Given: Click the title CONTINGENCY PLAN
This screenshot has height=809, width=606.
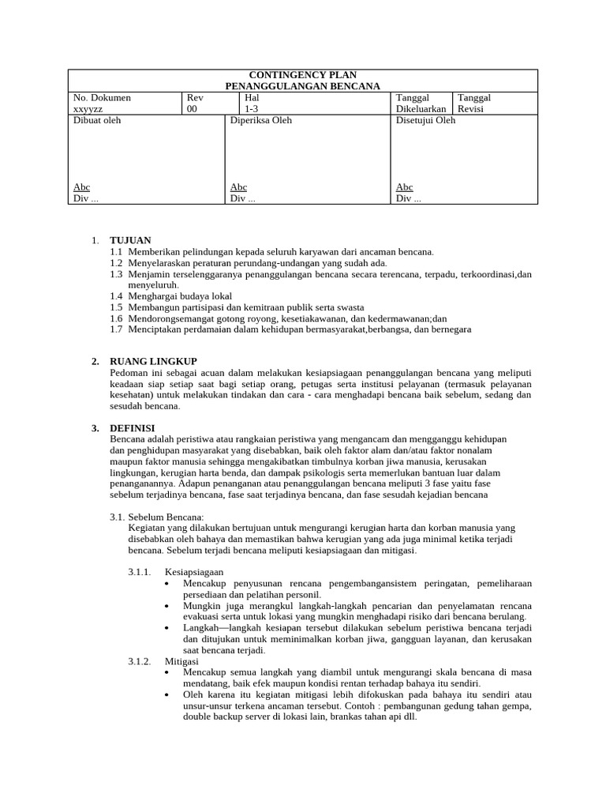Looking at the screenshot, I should pyautogui.click(x=302, y=75).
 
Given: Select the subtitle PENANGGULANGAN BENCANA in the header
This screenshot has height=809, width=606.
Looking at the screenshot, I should pyautogui.click(x=302, y=86).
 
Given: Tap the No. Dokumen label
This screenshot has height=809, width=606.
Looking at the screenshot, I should pyautogui.click(x=102, y=98).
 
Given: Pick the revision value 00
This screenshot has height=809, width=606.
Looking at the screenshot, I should pyautogui.click(x=193, y=109).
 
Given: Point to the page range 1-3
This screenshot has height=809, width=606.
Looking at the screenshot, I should pyautogui.click(x=252, y=109).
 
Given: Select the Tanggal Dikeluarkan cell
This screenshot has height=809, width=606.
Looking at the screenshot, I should pyautogui.click(x=421, y=103).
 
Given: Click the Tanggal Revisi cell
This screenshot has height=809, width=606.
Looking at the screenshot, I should pyautogui.click(x=475, y=103).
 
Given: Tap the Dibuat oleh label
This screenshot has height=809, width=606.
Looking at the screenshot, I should pyautogui.click(x=97, y=121).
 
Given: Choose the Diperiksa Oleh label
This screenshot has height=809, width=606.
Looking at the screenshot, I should pyautogui.click(x=260, y=121).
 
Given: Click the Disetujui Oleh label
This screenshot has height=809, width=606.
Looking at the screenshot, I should pyautogui.click(x=425, y=121).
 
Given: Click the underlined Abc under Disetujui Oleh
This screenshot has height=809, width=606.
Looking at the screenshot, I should pyautogui.click(x=404, y=187).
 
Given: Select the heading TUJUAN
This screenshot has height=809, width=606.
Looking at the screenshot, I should pyautogui.click(x=130, y=240).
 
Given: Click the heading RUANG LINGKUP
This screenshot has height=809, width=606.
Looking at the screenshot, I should pyautogui.click(x=153, y=361).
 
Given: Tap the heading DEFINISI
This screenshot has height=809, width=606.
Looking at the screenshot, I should pyautogui.click(x=132, y=427).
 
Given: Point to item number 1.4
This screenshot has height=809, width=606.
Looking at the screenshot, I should pyautogui.click(x=117, y=295).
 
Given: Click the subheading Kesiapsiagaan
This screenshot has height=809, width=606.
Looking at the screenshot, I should pyautogui.click(x=194, y=571).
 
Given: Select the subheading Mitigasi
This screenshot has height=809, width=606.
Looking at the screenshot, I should pyautogui.click(x=181, y=660).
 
